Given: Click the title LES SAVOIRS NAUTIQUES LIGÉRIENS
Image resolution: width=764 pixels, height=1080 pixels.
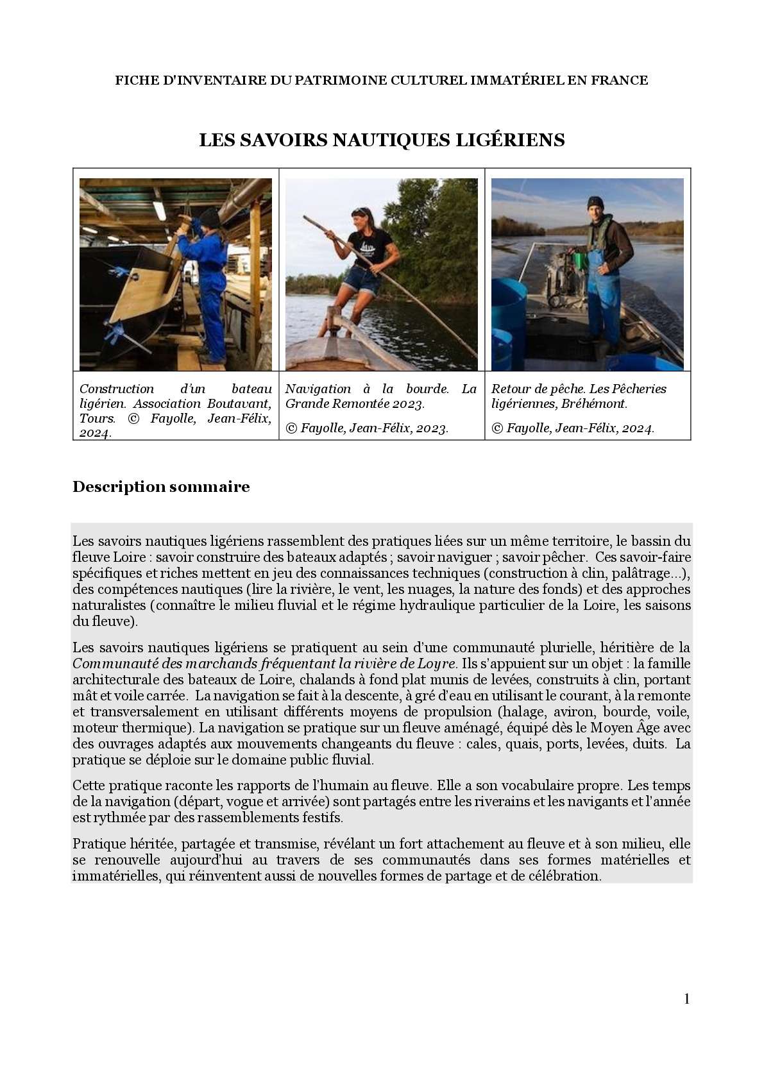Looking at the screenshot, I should click(382, 140).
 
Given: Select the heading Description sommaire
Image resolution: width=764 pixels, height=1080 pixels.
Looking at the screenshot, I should click(161, 487).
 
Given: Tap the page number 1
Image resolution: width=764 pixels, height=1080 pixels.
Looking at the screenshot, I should click(687, 999).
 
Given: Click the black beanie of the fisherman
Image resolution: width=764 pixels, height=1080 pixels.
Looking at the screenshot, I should click(596, 203).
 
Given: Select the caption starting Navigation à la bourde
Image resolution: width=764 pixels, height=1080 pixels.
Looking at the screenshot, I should click(381, 396).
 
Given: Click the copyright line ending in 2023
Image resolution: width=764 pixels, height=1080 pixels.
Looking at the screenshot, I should click(367, 428).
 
